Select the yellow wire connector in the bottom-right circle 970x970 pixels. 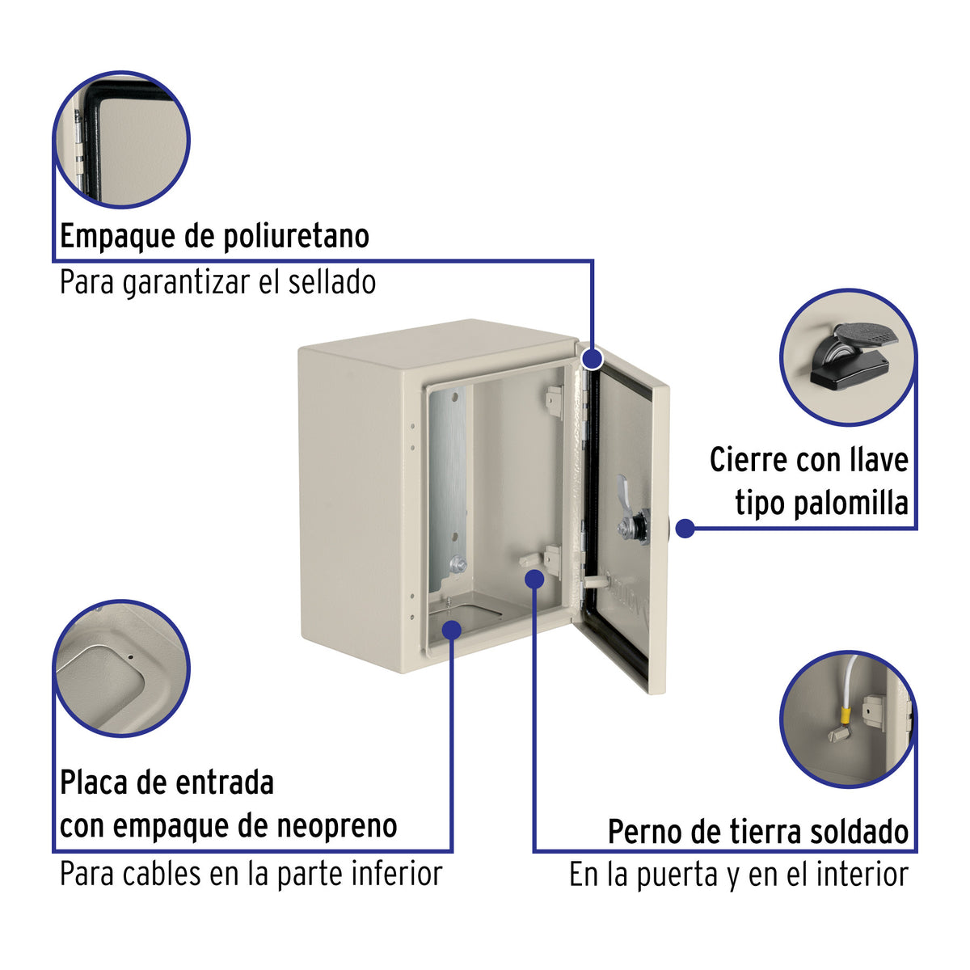pos(846,715)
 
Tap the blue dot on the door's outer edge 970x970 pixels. pos(685,529)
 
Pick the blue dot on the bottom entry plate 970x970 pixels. pos(451,628)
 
